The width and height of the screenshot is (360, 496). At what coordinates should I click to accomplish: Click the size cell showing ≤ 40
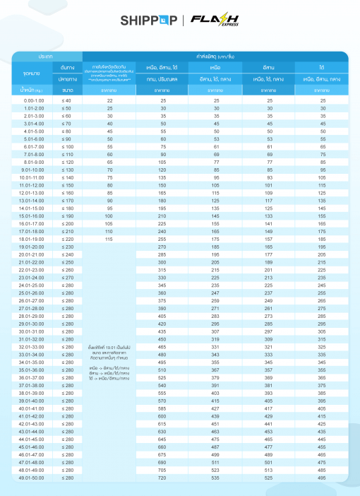(67, 101)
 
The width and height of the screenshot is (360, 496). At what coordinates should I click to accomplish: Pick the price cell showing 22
(110, 101)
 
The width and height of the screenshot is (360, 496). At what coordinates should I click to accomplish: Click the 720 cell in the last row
(162, 478)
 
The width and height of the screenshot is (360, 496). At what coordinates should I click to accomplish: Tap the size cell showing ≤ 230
(67, 246)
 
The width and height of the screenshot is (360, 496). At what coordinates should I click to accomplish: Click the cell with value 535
(215, 478)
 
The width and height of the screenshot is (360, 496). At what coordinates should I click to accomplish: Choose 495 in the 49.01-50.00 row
(322, 478)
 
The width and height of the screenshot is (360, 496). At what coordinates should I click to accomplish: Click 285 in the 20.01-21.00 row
(162, 254)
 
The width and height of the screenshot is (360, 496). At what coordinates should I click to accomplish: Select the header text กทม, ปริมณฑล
(162, 79)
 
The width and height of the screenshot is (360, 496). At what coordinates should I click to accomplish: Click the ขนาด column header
(67, 90)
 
